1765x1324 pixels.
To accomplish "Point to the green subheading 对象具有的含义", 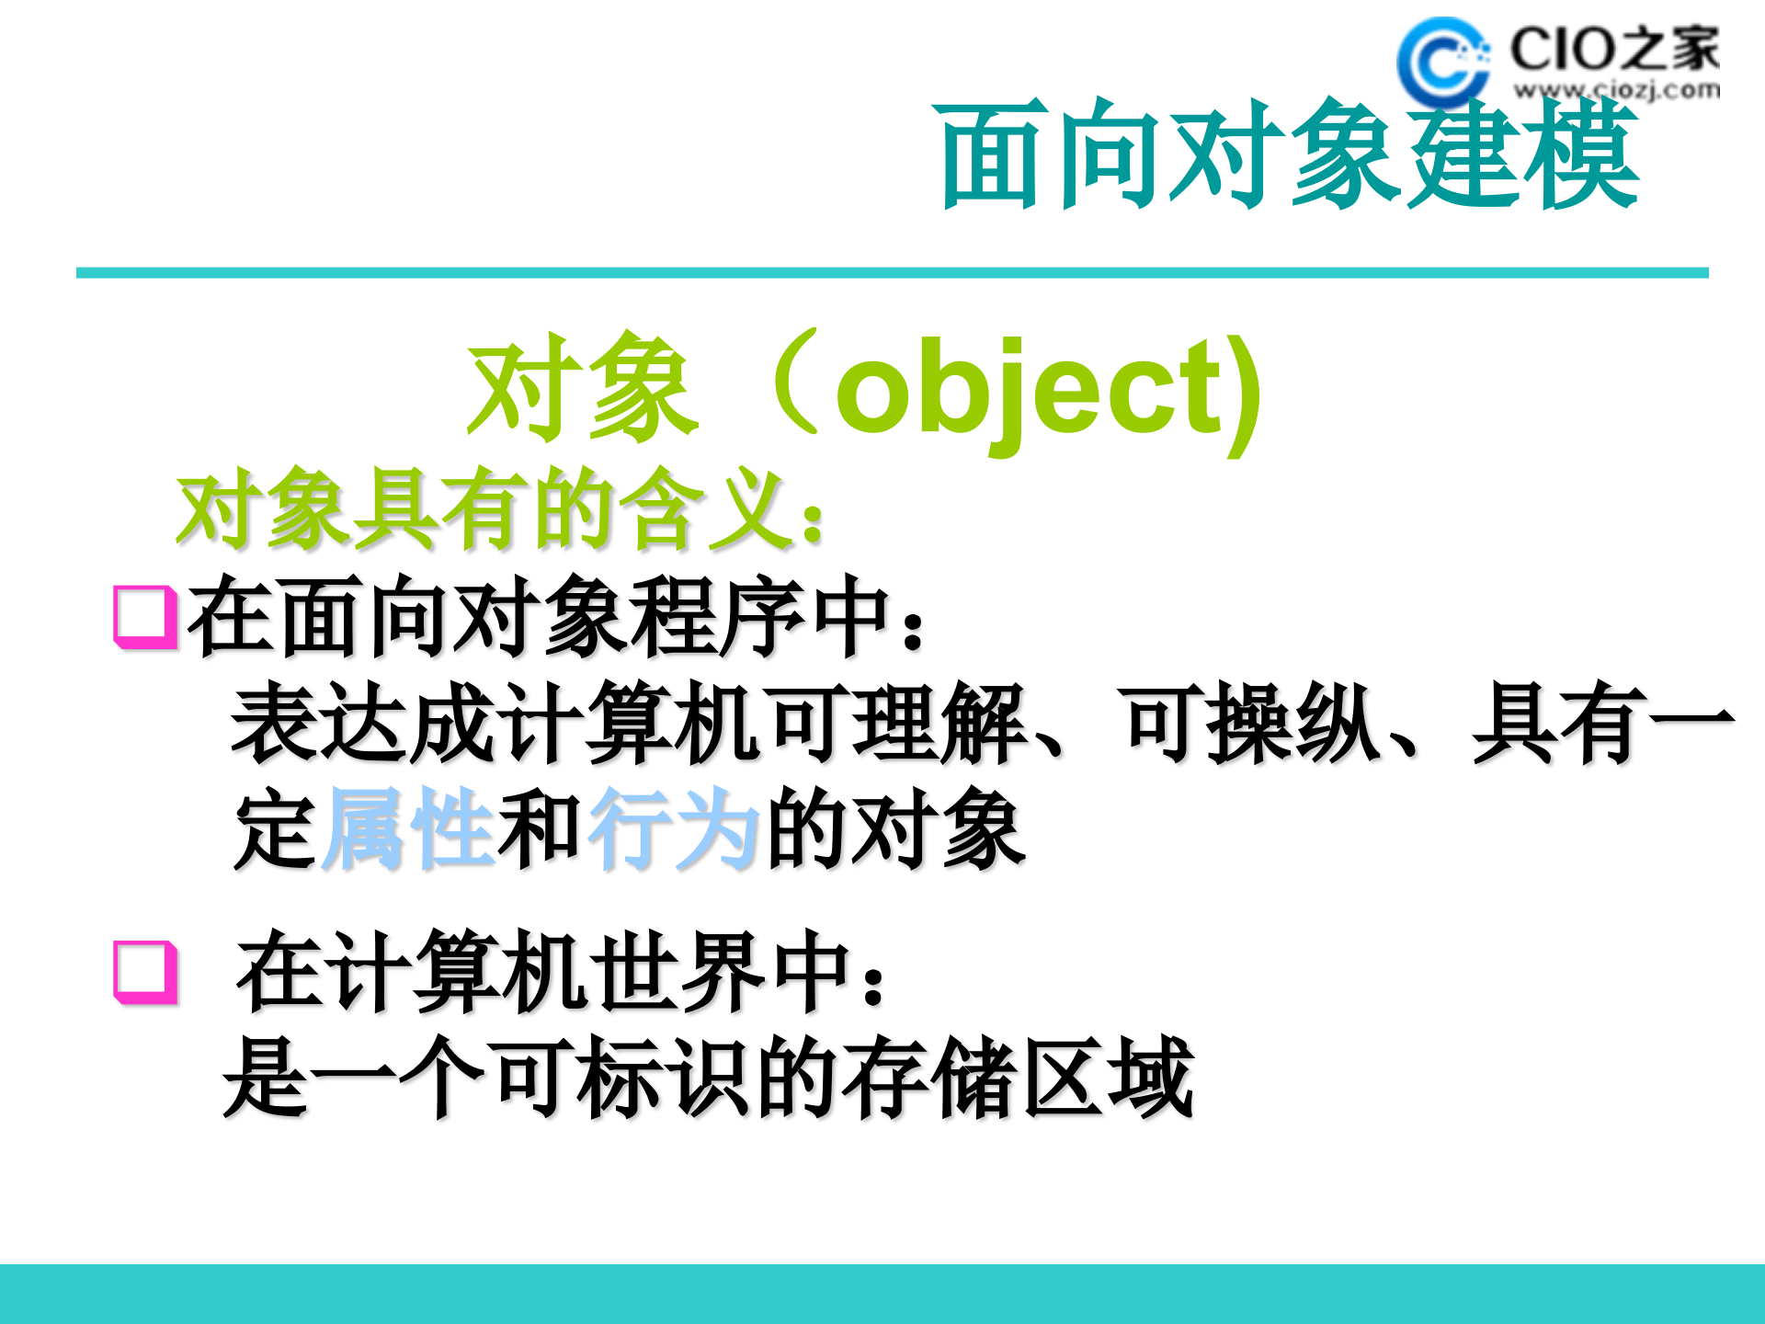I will (501, 509).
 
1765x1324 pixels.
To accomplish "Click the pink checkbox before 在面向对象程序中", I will (144, 616).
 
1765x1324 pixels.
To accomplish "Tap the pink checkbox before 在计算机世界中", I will (144, 971).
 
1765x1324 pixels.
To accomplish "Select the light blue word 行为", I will (673, 827).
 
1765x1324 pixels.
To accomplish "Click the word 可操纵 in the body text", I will (1250, 723).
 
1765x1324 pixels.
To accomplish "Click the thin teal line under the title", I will (892, 273).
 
